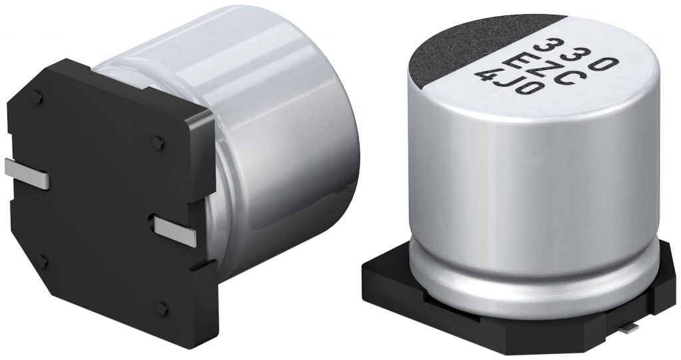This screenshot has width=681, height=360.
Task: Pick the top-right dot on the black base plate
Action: (x=158, y=141)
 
